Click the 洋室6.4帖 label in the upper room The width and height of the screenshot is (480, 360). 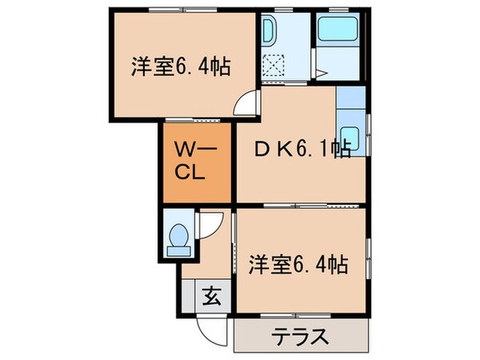[181, 66]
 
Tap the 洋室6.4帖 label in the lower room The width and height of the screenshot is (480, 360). [298, 263]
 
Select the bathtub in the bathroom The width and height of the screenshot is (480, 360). [337, 30]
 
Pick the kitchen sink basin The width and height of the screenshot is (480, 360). [350, 135]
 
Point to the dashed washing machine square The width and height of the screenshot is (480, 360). [274, 63]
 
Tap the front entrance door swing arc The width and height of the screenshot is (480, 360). [214, 328]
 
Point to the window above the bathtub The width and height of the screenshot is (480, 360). [337, 9]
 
